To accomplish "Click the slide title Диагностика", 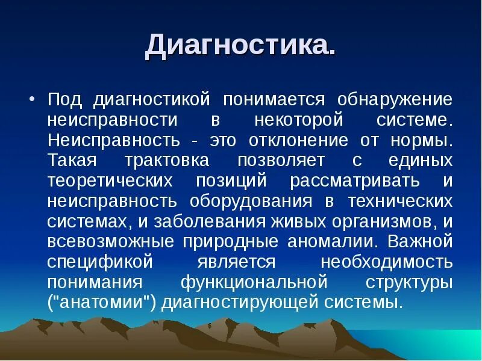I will point(240,47).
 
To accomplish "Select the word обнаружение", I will point(394,99).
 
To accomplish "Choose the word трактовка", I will point(167,161).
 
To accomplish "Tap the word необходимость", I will point(386,263).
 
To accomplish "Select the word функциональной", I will point(254,283).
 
